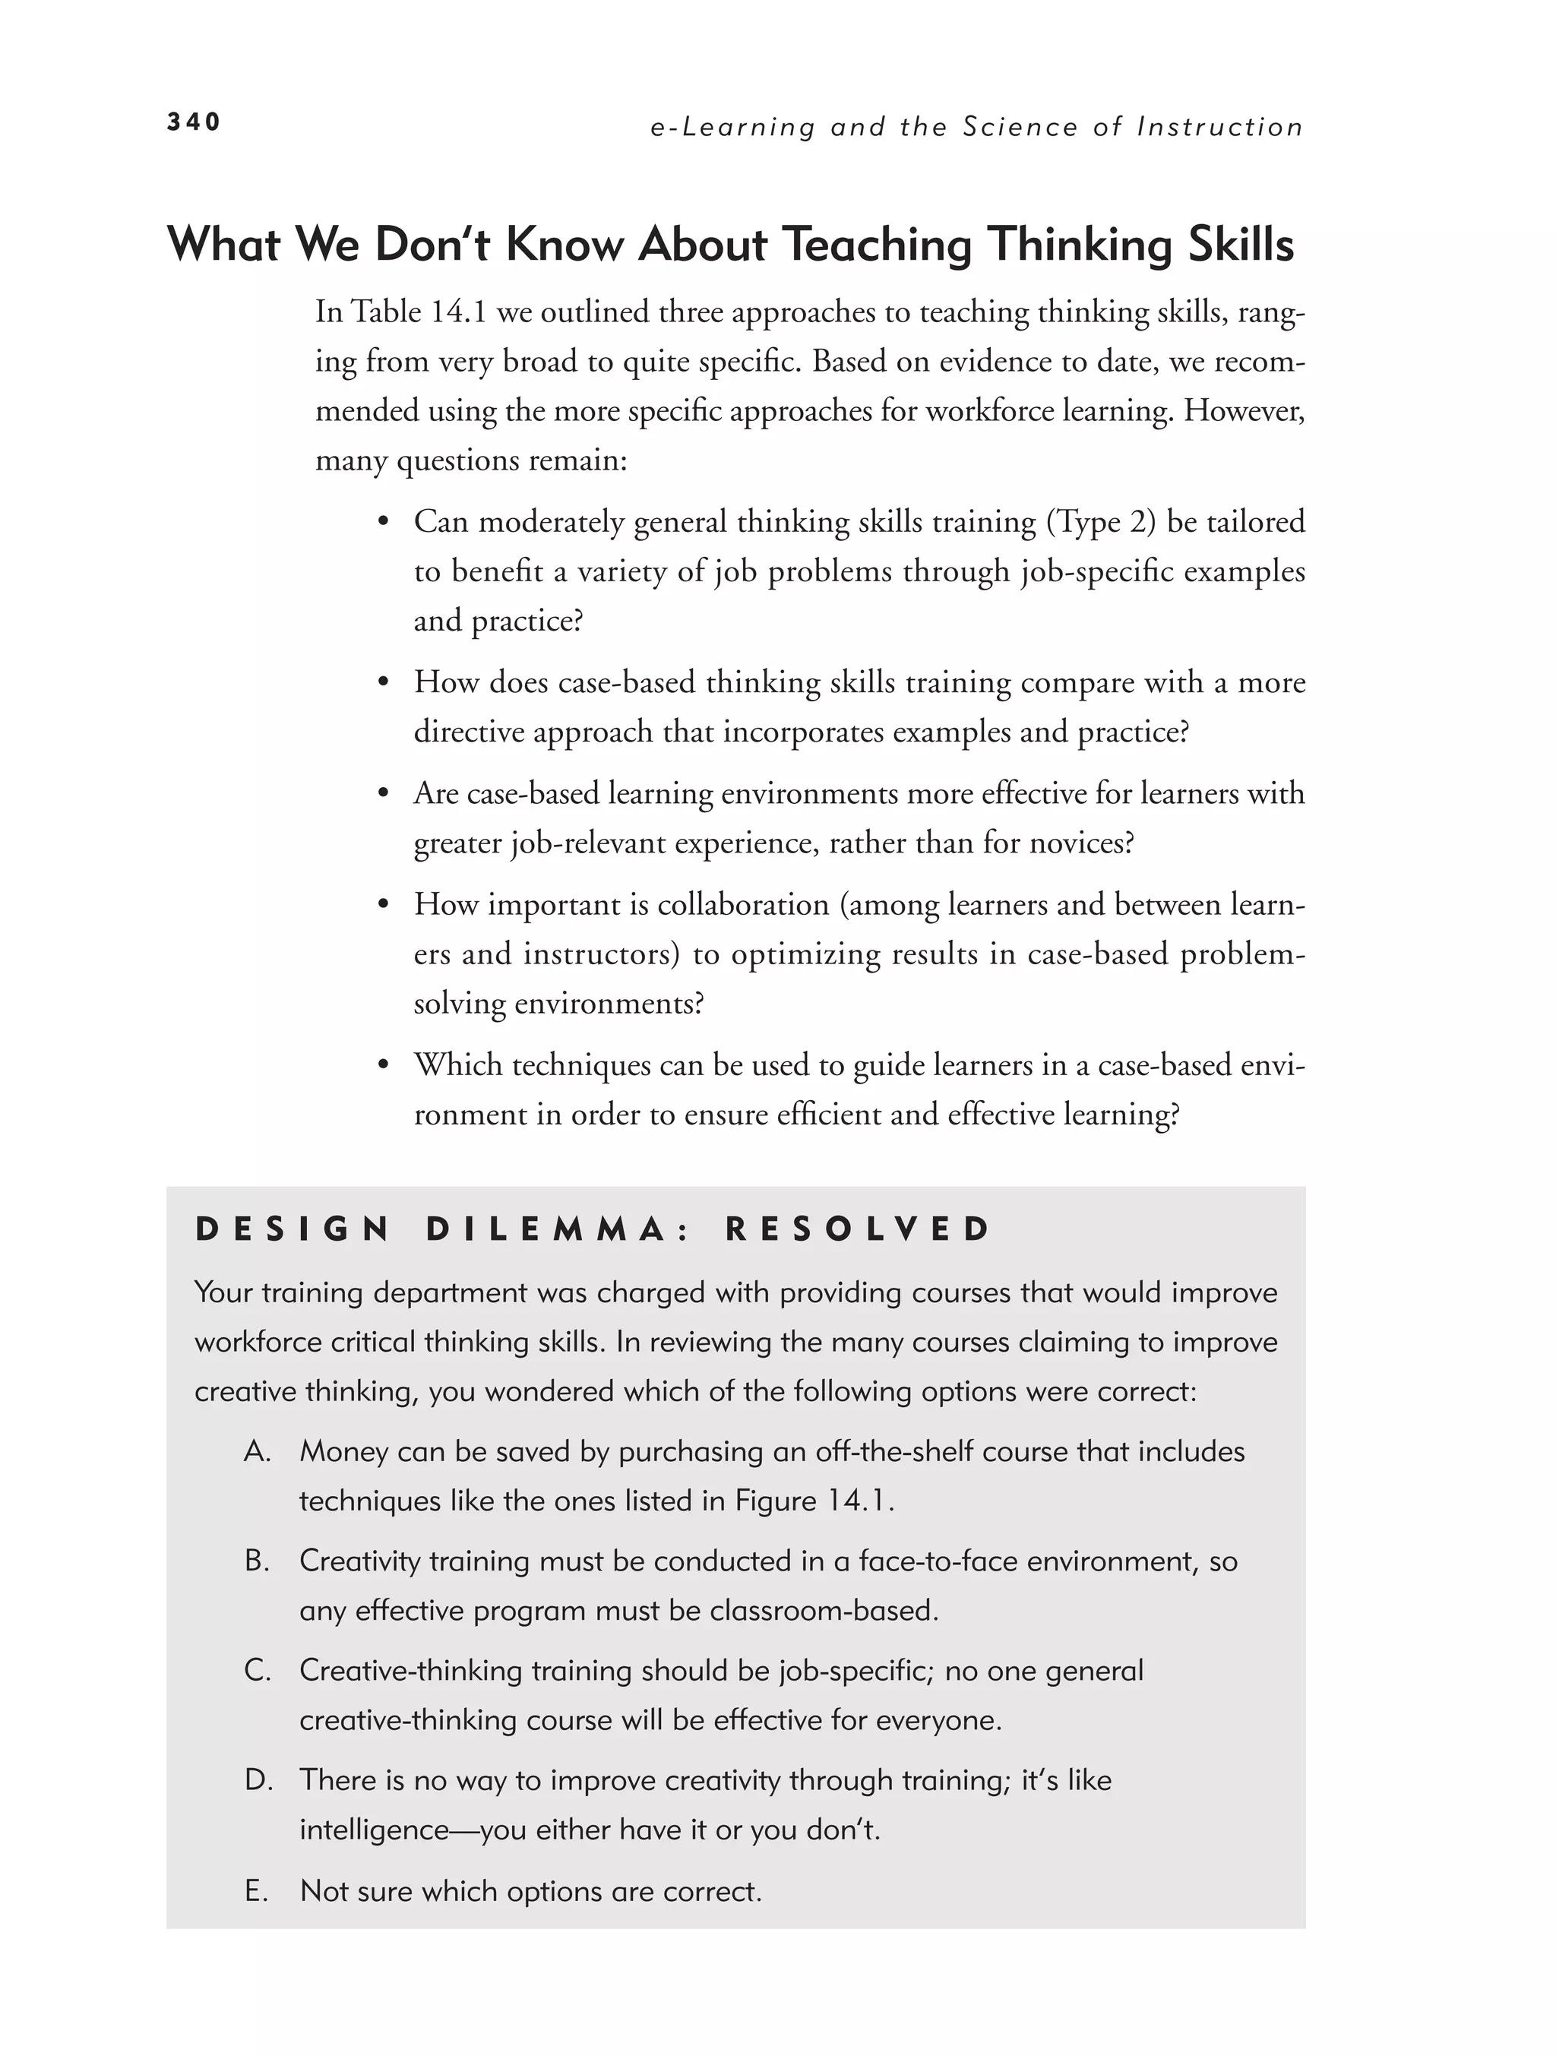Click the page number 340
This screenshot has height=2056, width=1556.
(x=193, y=122)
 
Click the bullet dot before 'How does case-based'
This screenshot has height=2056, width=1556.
(x=382, y=683)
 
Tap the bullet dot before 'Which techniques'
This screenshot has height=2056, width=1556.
(x=382, y=1066)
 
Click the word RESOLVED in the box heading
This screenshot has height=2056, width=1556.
(x=858, y=1229)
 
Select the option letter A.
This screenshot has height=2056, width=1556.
(x=258, y=1452)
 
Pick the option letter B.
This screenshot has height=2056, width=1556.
(x=258, y=1561)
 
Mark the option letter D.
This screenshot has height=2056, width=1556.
(x=258, y=1780)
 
